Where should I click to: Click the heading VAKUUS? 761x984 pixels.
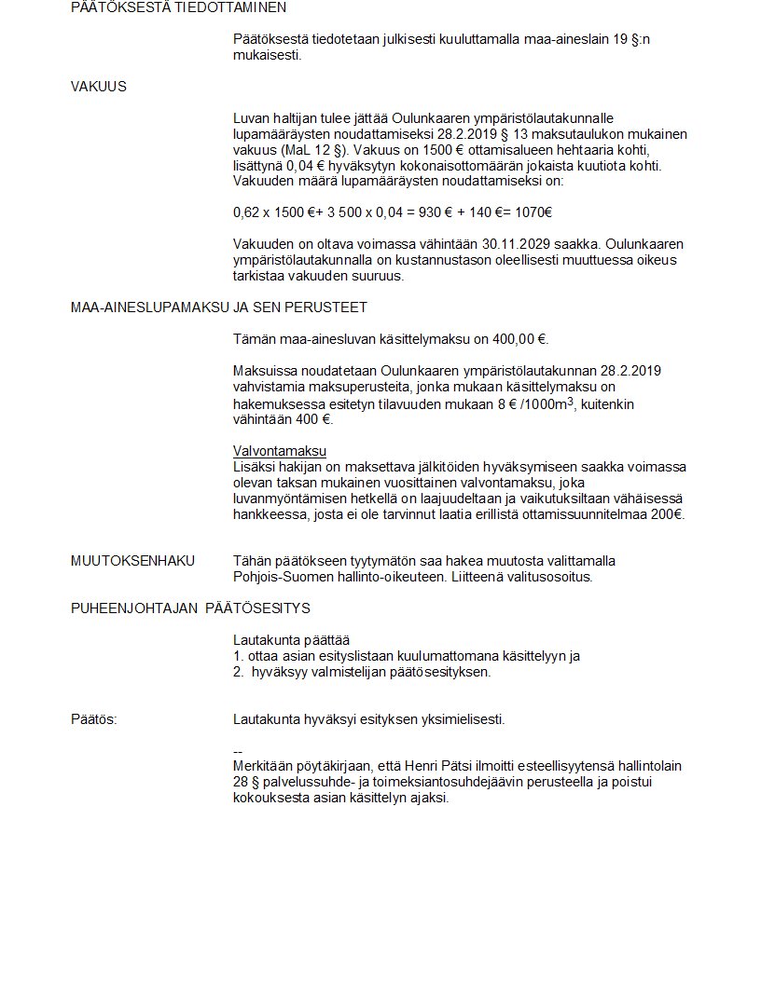98,87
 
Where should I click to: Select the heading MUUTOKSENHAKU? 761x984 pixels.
132,560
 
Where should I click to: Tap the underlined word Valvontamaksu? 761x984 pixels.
273,451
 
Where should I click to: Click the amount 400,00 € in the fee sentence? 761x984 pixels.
519,339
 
